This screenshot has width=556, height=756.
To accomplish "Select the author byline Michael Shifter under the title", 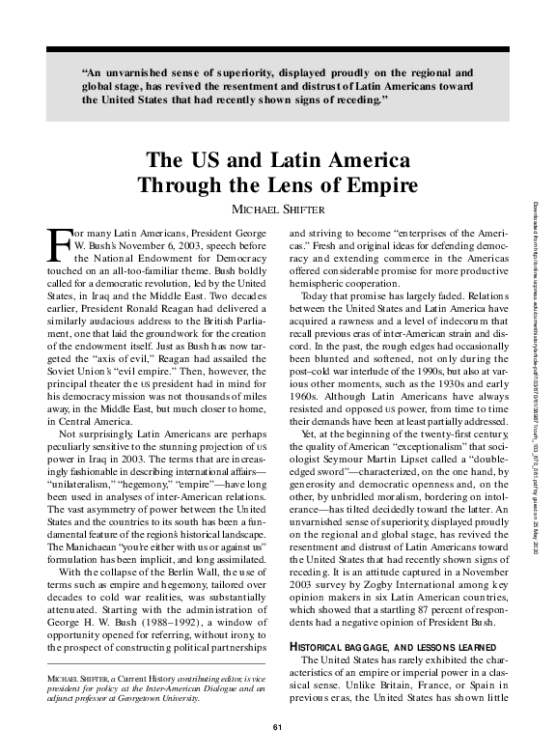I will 277,210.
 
